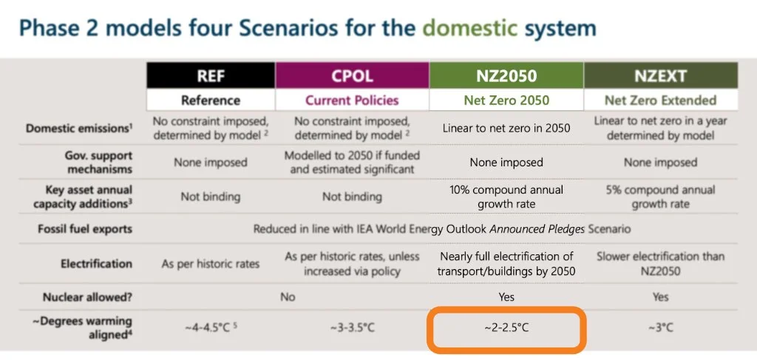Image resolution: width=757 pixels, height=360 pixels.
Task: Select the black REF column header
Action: pos(211,76)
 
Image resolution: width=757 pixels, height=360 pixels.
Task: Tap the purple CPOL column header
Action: pos(352,76)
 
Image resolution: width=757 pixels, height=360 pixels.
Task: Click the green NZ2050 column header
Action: pos(506,76)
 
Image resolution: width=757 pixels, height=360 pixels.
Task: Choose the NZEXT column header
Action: pos(660,76)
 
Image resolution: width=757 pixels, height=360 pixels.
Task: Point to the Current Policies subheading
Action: pos(352,100)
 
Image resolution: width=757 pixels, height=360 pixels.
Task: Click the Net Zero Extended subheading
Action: pos(660,100)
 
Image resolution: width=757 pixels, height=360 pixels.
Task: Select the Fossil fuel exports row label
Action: pos(85,229)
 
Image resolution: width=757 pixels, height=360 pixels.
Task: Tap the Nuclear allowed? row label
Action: pos(87,296)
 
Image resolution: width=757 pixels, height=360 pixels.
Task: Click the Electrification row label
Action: pos(96,263)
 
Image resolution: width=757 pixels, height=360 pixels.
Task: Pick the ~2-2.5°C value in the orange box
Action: pos(506,327)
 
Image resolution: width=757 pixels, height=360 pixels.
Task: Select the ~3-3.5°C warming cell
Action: pos(352,327)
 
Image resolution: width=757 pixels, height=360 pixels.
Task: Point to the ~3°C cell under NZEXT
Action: pos(660,327)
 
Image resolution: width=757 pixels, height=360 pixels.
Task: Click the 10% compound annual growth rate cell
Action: pos(506,197)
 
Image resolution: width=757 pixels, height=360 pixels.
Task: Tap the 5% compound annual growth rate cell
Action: pos(660,197)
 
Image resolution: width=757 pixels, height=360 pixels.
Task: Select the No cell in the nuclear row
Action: pos(288,296)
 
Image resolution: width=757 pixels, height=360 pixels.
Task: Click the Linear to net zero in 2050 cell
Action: pos(506,128)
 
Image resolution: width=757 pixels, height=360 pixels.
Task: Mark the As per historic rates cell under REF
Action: pos(211,264)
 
